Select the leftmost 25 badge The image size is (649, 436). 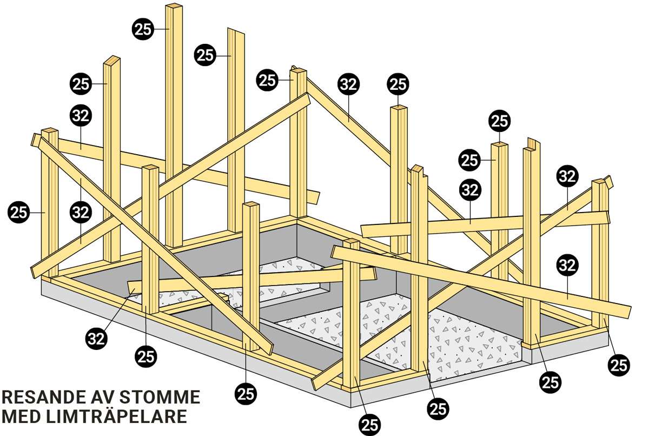(19, 213)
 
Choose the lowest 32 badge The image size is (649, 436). (97, 338)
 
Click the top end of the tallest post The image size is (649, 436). (175, 7)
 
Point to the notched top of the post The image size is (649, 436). (533, 144)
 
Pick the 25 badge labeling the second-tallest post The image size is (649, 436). (206, 55)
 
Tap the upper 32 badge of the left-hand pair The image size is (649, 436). (81, 115)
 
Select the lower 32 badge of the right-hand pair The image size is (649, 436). (567, 265)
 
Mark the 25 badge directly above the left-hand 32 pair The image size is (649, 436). (81, 84)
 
